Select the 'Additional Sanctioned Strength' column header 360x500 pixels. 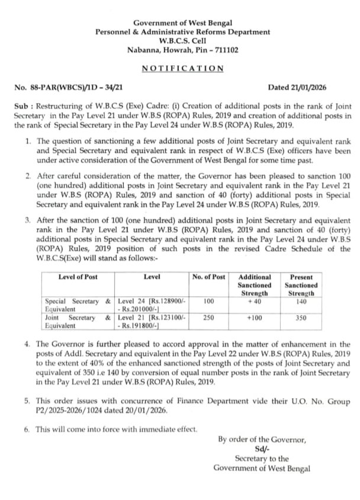(x=254, y=285)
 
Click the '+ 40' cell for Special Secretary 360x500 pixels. (x=254, y=301)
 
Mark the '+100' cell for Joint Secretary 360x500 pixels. (x=254, y=318)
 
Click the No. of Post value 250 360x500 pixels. (x=208, y=318)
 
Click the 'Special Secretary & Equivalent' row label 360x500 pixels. (x=78, y=305)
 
